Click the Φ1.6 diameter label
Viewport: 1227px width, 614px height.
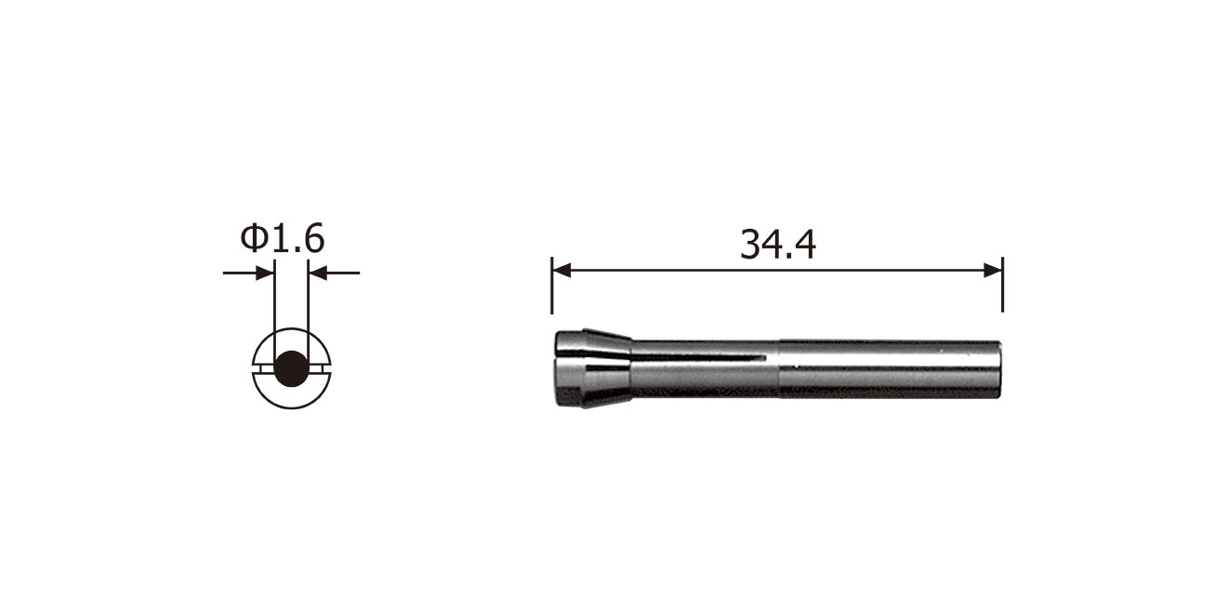pyautogui.click(x=283, y=238)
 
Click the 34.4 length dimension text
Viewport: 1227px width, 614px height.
pyautogui.click(x=778, y=245)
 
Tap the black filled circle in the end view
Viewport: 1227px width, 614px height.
pyautogui.click(x=292, y=368)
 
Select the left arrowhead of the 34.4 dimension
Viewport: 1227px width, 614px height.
pyautogui.click(x=561, y=271)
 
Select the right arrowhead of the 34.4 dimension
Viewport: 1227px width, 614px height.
pyautogui.click(x=993, y=271)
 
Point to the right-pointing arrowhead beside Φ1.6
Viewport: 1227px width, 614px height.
pyautogui.click(x=265, y=273)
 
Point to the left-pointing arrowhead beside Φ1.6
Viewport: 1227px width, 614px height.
pyautogui.click(x=318, y=273)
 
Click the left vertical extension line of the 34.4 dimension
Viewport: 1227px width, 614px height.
pyautogui.click(x=551, y=285)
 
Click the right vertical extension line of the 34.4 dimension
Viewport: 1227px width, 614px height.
pyautogui.click(x=1002, y=284)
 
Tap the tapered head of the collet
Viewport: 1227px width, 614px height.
pyautogui.click(x=594, y=368)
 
